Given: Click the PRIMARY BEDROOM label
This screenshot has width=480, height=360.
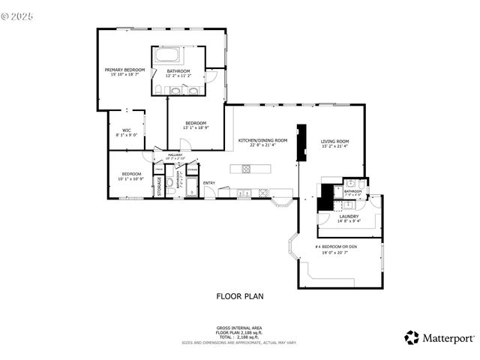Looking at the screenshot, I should click(x=124, y=70).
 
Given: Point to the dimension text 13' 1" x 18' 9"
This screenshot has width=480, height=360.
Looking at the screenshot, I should click(x=196, y=127).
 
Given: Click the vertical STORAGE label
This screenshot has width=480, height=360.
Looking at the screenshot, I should click(x=159, y=187).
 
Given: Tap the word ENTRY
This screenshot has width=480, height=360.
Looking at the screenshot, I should click(x=209, y=182).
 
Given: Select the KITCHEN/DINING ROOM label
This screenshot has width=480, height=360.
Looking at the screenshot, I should click(x=262, y=140).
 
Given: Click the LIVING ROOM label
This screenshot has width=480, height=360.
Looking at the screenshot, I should click(x=335, y=141).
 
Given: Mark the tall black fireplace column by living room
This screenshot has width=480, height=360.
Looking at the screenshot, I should click(x=302, y=142).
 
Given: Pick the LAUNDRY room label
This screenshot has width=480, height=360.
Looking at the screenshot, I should click(x=349, y=216).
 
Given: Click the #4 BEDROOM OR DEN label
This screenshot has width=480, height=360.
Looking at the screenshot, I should click(x=336, y=247).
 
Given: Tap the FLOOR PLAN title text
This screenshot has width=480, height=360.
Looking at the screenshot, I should click(x=240, y=296).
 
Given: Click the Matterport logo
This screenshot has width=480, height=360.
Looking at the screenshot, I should click(x=439, y=337).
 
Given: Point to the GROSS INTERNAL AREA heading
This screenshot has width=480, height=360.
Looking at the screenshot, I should click(x=239, y=328).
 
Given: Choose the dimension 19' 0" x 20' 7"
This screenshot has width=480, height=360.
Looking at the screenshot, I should click(x=336, y=252).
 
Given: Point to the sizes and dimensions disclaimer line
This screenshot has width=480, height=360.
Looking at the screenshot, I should click(x=239, y=343).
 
